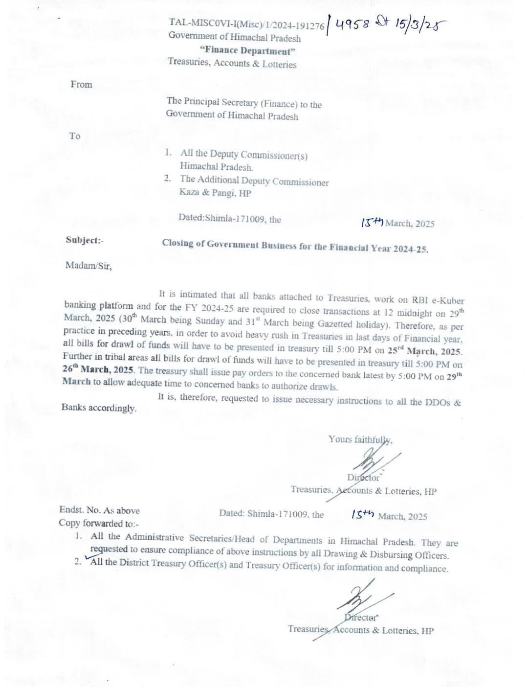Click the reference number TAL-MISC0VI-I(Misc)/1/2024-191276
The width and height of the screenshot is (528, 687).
[246, 23]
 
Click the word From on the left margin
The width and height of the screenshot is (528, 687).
[81, 84]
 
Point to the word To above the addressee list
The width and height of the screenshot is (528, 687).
[75, 136]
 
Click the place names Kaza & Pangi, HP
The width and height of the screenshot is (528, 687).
[215, 192]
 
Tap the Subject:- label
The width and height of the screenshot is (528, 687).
[85, 240]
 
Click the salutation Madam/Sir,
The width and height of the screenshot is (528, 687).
[88, 266]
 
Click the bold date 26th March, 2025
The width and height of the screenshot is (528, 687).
[98, 369]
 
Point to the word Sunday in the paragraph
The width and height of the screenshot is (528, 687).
[214, 321]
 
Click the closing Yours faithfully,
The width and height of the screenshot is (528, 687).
[360, 439]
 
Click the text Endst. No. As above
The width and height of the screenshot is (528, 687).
[99, 510]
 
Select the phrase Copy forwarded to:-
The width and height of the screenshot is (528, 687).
[99, 523]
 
